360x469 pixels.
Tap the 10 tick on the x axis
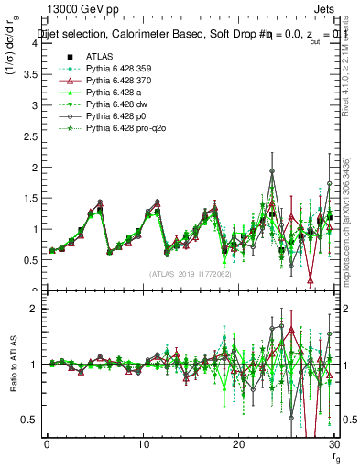[x=143, y=443]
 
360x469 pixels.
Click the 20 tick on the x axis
[x=238, y=443]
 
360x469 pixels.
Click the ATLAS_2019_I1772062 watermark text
[x=191, y=273]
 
